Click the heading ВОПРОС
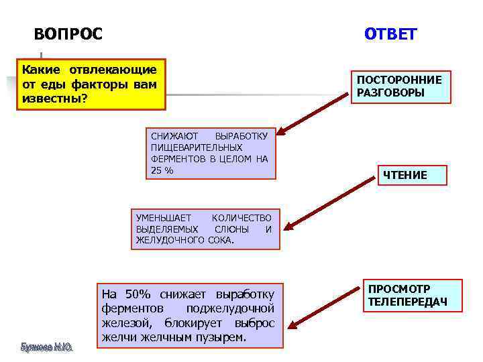pyautogui.click(x=68, y=34)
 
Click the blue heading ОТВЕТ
pyautogui.click(x=390, y=34)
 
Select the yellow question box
pyautogui.click(x=90, y=85)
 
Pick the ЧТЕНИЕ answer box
pyautogui.click(x=405, y=176)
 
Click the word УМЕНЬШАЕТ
pyautogui.click(x=164, y=217)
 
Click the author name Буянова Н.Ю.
pyautogui.click(x=46, y=347)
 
